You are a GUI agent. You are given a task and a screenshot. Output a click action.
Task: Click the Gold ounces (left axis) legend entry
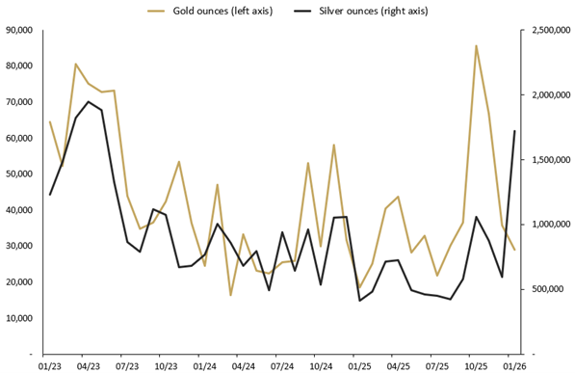coord(207,10)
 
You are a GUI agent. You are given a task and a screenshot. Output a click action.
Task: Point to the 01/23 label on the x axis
coord(50,366)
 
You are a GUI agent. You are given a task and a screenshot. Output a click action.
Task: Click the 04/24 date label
coord(243,366)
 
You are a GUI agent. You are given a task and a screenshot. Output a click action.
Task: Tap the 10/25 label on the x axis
coord(476,366)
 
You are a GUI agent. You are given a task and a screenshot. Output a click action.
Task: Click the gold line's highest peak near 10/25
coord(476,45)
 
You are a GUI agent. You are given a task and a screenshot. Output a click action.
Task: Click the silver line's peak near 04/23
coord(89,101)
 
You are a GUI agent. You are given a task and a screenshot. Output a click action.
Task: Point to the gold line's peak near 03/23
coord(76,65)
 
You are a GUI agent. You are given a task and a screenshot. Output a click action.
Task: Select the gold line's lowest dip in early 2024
coord(231,295)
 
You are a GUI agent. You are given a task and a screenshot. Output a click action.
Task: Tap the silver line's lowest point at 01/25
coord(359,301)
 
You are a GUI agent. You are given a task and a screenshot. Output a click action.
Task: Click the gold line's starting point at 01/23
coord(50,121)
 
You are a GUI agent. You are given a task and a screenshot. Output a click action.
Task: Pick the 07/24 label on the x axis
coord(282,366)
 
